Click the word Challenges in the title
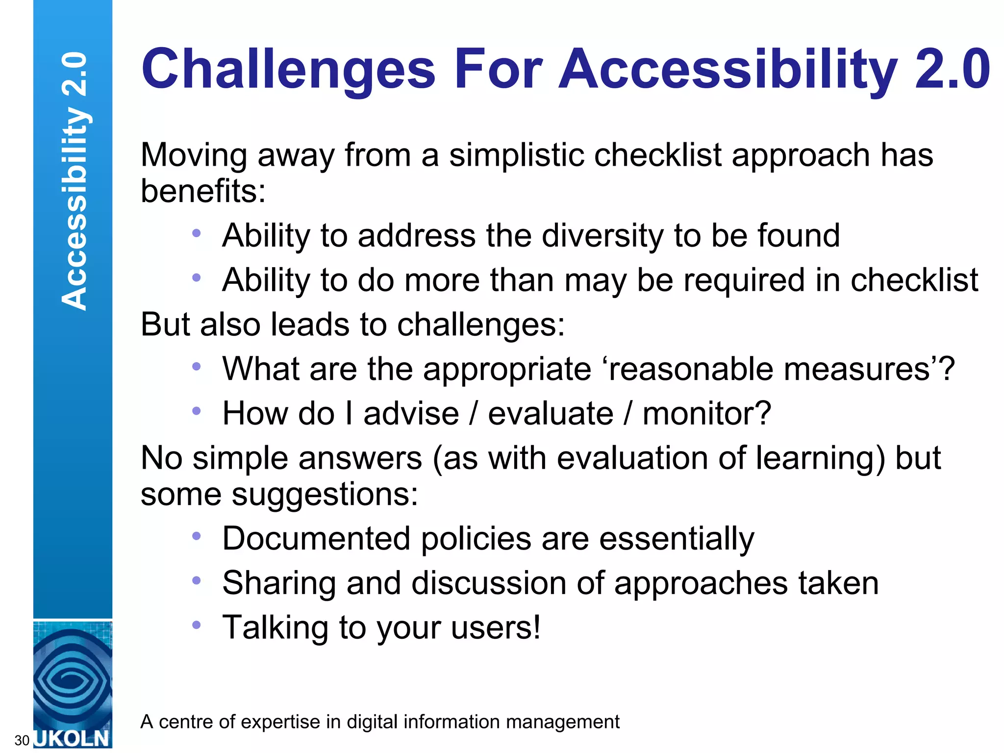288,70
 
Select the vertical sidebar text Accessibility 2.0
74,180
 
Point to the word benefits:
203,191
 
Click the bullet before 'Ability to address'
197,233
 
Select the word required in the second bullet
744,280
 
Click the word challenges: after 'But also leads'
481,325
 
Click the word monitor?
707,414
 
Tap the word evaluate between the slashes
551,414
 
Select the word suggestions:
325,494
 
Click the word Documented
316,539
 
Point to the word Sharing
278,584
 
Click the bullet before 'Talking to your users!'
197,625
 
